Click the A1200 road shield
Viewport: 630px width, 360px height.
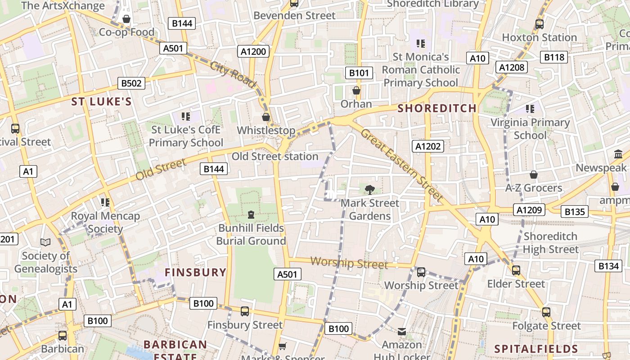point(253,51)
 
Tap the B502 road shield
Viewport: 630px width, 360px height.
point(131,83)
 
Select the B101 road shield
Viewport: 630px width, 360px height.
point(359,73)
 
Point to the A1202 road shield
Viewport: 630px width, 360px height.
point(427,146)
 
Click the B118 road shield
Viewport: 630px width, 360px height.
point(554,57)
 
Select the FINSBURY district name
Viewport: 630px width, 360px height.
point(195,272)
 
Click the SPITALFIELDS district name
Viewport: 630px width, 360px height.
point(536,349)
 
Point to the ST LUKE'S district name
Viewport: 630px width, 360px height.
point(102,102)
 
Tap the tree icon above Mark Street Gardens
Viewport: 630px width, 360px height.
point(369,189)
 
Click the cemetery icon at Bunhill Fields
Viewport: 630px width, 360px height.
point(251,215)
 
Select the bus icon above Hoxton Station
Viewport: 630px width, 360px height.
point(539,24)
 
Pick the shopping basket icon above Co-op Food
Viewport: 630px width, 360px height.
point(126,19)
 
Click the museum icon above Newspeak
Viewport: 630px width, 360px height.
point(618,155)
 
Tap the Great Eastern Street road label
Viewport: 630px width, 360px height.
point(402,164)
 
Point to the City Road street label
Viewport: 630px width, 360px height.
point(233,74)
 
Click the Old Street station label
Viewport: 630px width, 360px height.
point(275,157)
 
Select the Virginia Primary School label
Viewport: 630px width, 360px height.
point(530,129)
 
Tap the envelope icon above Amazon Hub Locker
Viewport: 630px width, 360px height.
point(402,332)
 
